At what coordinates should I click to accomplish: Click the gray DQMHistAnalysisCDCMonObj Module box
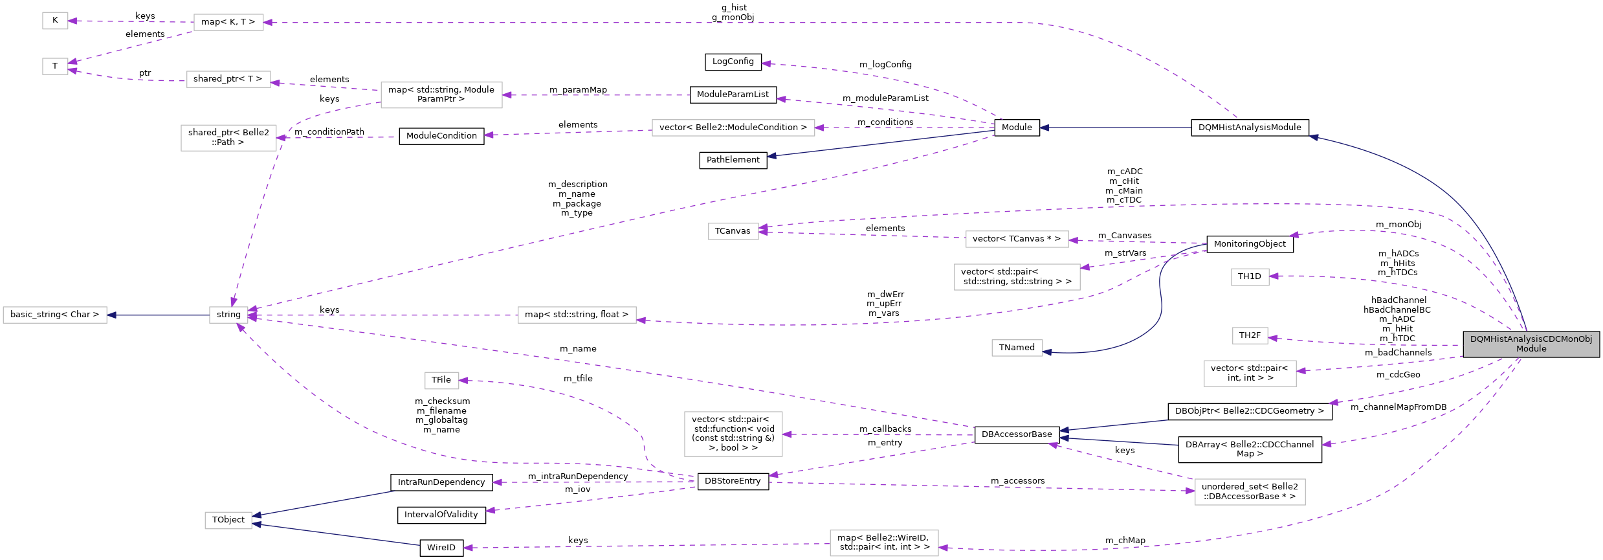(x=1531, y=344)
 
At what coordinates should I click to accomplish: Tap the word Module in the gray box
(x=1531, y=349)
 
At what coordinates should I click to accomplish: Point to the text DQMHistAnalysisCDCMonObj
(x=1531, y=339)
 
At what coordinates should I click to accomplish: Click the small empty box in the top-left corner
(x=55, y=21)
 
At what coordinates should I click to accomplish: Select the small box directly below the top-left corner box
(x=55, y=66)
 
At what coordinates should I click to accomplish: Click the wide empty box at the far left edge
(x=55, y=315)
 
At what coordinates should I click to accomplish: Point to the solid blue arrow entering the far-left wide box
(x=159, y=315)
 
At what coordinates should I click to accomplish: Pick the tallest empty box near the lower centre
(x=733, y=434)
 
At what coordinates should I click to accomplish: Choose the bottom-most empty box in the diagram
(x=884, y=543)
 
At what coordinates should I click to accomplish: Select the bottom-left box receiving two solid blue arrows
(x=228, y=521)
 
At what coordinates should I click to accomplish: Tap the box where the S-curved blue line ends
(x=1017, y=348)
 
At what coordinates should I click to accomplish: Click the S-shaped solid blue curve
(x=1160, y=298)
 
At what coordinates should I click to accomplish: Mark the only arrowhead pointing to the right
(x=1191, y=491)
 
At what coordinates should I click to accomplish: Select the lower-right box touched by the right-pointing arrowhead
(x=1250, y=492)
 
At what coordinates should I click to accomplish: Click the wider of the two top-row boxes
(x=228, y=22)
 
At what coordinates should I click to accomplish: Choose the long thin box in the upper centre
(x=733, y=128)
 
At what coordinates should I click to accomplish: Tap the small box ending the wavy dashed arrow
(x=442, y=381)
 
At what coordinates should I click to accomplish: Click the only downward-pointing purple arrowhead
(x=234, y=302)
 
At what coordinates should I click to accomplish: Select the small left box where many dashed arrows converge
(x=228, y=315)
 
